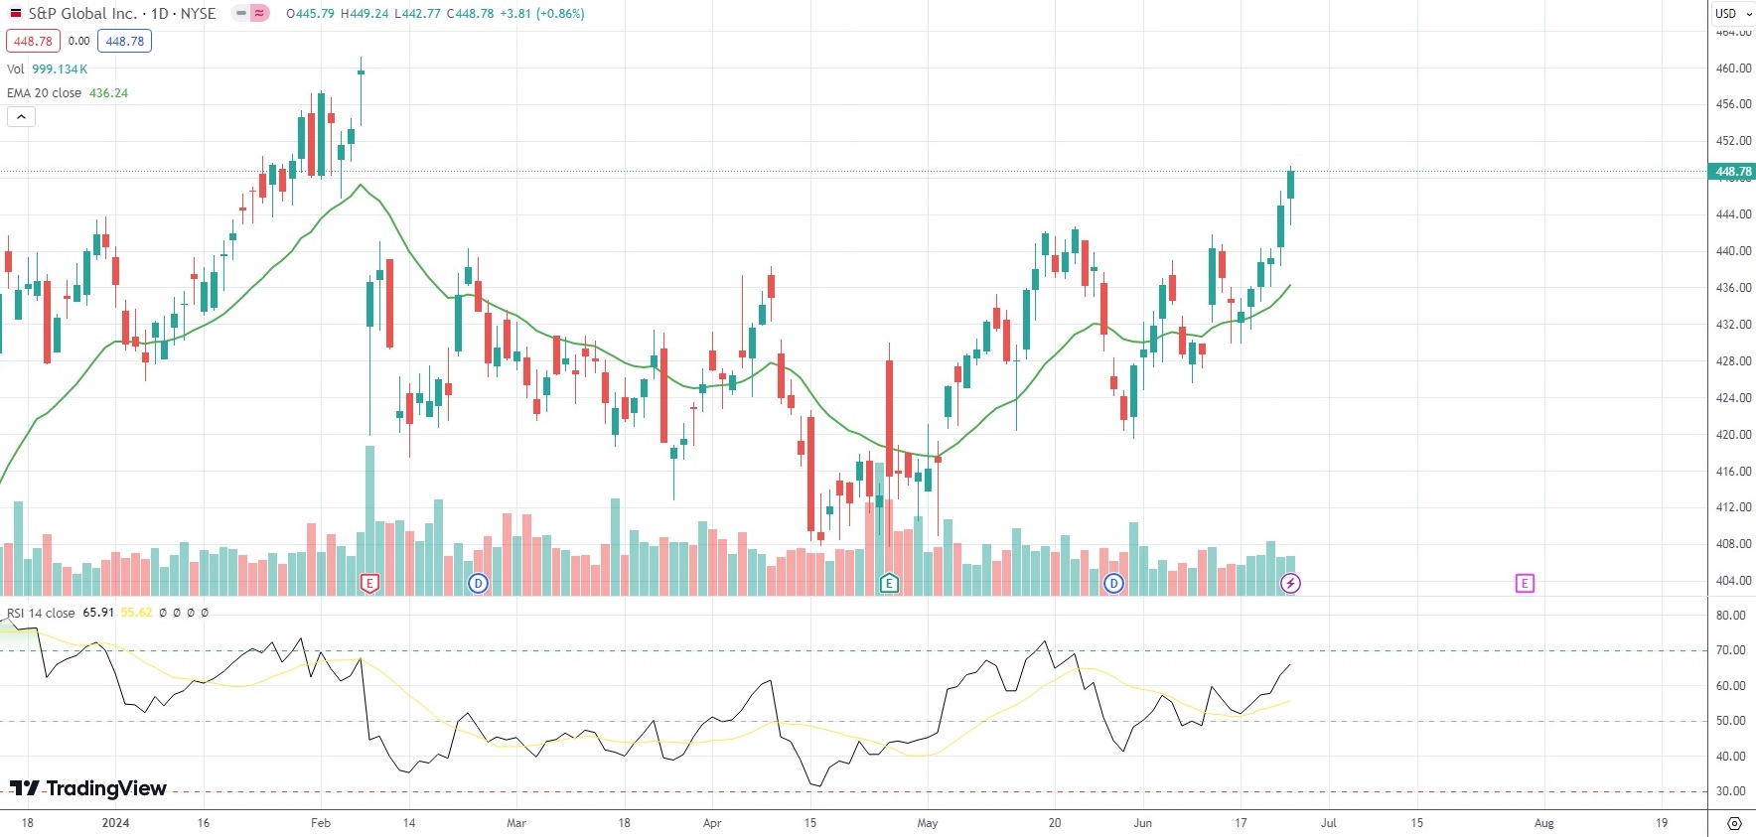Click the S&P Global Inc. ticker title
pos(82,14)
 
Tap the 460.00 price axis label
pos(1733,69)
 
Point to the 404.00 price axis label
pos(1733,581)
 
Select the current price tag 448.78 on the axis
pos(1733,172)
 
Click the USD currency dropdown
pos(1732,13)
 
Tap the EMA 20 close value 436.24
pos(108,93)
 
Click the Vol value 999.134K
pos(60,70)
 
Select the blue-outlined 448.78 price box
pos(124,42)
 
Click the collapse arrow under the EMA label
pos(21,117)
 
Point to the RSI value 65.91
pos(98,614)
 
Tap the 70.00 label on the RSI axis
pos(1730,650)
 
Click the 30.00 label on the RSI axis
pos(1730,791)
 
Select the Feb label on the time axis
pos(320,823)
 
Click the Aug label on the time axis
pos(1543,823)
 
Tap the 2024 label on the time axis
pos(115,823)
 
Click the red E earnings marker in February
pos(369,584)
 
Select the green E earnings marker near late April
pos(889,584)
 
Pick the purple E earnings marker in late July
pos(1525,584)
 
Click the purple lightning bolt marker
pos(1290,584)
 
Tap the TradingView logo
pos(88,788)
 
